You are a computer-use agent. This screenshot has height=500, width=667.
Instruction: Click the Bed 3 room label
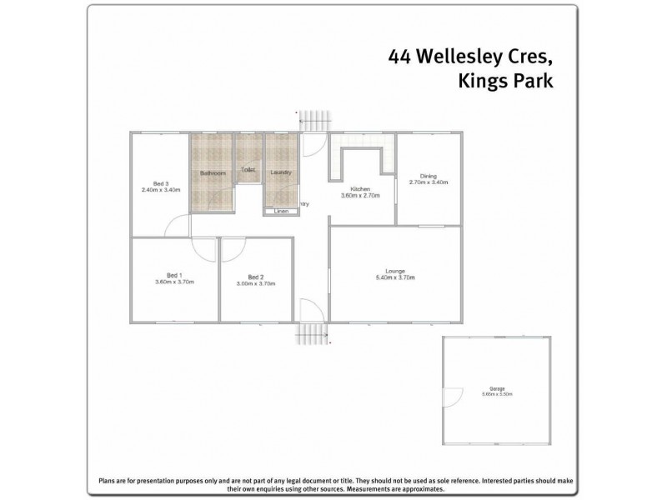[161, 183]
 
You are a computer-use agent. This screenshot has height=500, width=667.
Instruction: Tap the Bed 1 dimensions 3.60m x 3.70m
[174, 282]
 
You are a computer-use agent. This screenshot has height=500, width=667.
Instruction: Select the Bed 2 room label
[256, 277]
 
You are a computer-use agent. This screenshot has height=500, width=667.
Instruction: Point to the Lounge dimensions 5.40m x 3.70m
[395, 277]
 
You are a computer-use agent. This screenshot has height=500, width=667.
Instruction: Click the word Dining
[429, 176]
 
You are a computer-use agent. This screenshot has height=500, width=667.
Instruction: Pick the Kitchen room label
[360, 189]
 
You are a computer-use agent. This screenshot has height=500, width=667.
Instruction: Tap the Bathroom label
[213, 173]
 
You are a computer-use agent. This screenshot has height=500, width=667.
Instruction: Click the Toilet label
[248, 170]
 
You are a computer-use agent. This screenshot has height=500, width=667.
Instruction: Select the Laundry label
[280, 173]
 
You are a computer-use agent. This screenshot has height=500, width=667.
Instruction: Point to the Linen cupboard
[281, 212]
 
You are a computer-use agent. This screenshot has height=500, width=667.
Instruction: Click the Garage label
[497, 387]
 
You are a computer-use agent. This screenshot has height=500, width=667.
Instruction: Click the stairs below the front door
[311, 333]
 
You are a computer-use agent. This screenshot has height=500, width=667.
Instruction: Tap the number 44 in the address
[399, 57]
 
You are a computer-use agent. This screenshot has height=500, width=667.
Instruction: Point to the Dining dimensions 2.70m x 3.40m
[429, 182]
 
